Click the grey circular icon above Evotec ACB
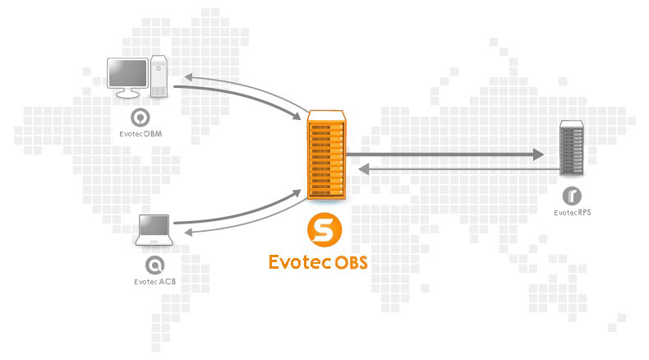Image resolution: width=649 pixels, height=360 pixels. pyautogui.click(x=154, y=265)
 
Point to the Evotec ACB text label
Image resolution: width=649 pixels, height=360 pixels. pyautogui.click(x=154, y=282)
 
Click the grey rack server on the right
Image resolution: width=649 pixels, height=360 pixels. pyautogui.click(x=572, y=148)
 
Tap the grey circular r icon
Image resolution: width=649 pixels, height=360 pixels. pyautogui.click(x=572, y=196)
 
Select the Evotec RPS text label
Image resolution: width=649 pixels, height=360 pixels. pyautogui.click(x=573, y=213)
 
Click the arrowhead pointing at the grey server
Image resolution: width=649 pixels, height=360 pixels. pyautogui.click(x=539, y=154)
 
